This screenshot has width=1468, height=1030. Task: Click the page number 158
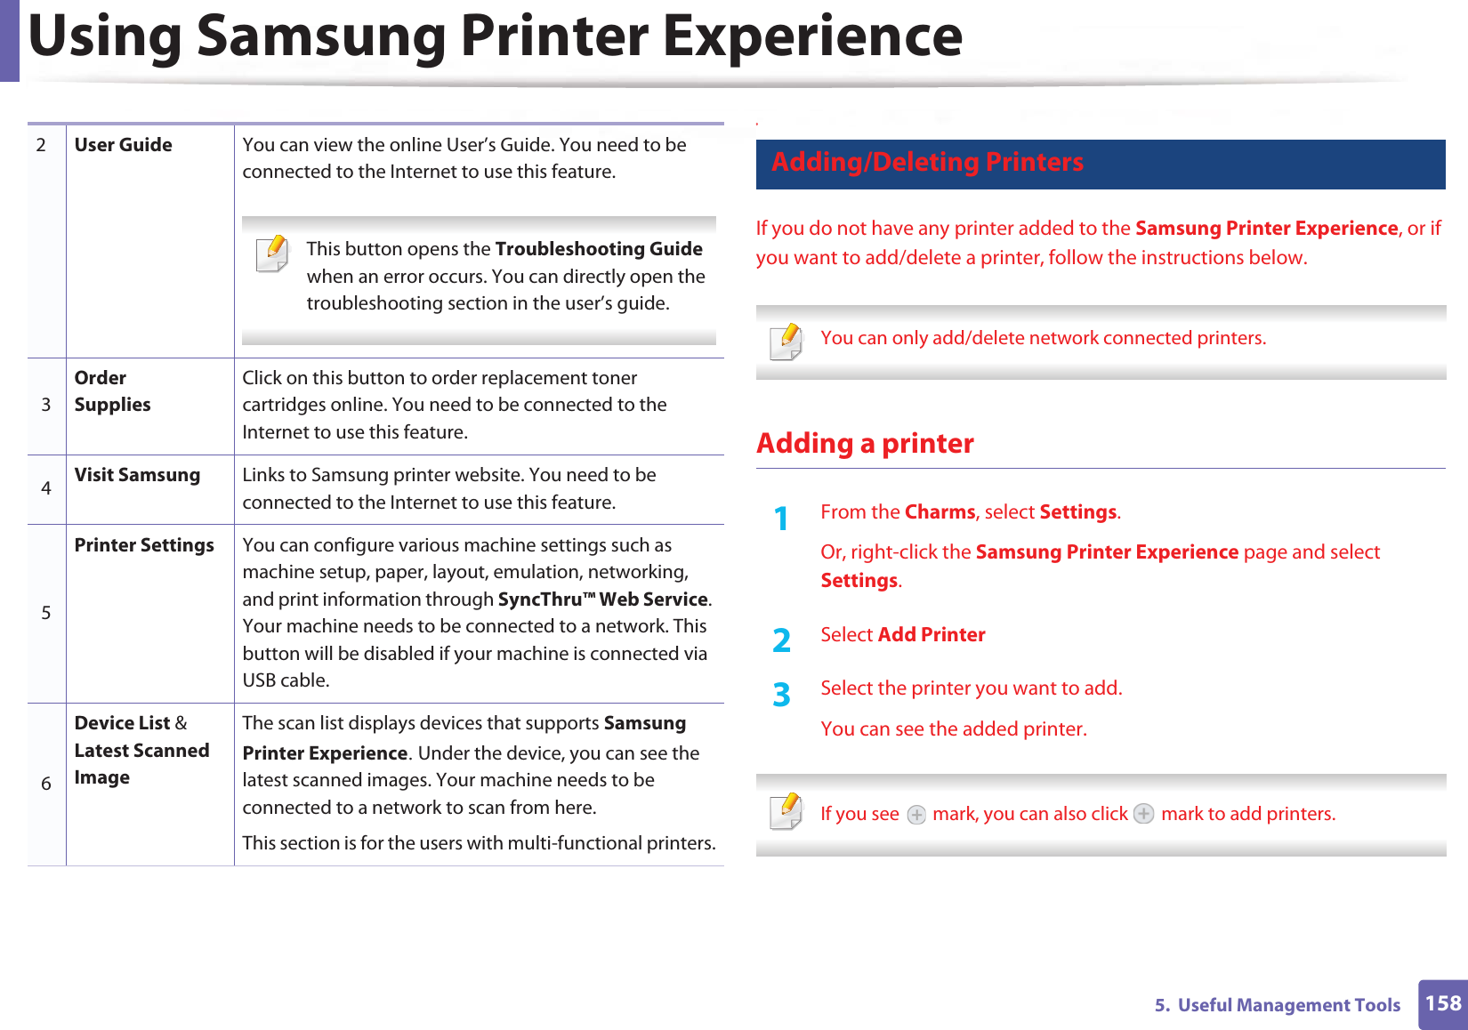1442,1003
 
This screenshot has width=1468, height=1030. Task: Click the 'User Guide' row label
123,145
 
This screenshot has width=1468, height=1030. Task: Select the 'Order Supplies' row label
112,391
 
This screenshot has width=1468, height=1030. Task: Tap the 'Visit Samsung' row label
137,475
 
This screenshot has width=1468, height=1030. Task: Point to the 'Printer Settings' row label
144,545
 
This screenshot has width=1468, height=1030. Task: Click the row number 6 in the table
46,784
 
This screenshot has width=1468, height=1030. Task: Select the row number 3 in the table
46,405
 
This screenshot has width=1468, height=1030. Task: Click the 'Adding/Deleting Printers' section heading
927,162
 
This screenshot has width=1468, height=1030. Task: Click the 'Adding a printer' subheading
865,443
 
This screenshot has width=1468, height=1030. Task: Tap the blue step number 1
781,518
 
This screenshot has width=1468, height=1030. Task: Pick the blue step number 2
781,640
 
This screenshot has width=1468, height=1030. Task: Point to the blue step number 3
781,695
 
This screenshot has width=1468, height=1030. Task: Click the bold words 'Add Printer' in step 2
932,635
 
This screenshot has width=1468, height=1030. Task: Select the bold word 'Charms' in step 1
940,512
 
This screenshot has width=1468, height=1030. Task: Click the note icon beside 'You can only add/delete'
786,342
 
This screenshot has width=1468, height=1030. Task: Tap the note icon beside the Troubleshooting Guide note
272,253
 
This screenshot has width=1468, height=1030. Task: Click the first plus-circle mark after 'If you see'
916,815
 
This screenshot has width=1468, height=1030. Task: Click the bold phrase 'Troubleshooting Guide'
599,249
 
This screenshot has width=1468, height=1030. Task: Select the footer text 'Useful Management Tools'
1288,1005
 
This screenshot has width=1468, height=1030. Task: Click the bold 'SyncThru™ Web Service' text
603,599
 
